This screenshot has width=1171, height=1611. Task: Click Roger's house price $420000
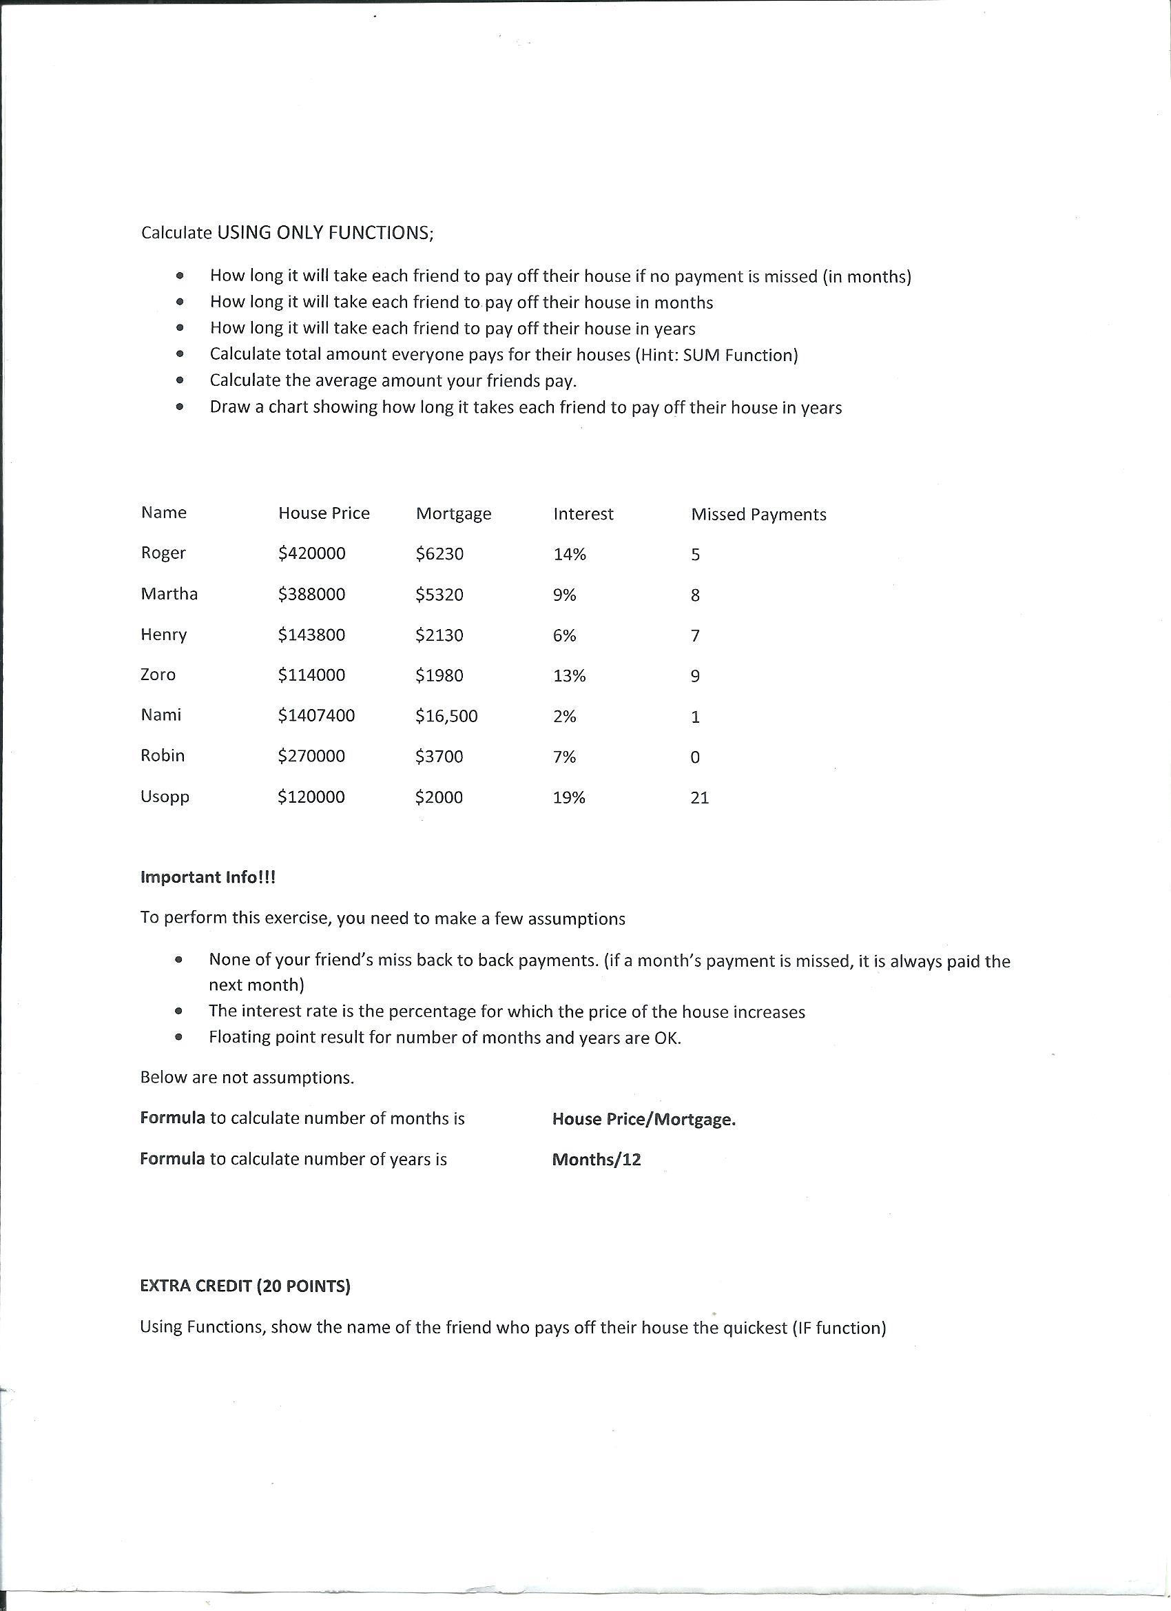[312, 553]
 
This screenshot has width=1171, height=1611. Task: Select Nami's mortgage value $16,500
[446, 715]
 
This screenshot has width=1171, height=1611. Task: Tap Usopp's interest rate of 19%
[569, 797]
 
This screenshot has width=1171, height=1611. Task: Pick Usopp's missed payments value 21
[699, 798]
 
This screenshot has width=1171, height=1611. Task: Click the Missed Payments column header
[758, 514]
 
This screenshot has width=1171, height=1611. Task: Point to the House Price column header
[324, 513]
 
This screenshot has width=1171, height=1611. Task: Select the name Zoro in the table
[158, 674]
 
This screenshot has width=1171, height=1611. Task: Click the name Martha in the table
[169, 593]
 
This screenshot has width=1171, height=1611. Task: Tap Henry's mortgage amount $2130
[439, 635]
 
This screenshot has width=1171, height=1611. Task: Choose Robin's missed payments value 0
[694, 757]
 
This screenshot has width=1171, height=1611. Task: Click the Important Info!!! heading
[207, 876]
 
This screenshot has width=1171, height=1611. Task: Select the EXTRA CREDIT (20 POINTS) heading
[245, 1286]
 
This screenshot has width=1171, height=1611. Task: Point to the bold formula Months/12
[596, 1159]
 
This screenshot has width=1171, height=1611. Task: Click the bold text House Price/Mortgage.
[643, 1119]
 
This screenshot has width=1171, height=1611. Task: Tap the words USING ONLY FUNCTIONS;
[324, 233]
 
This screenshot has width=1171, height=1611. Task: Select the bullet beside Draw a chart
[180, 407]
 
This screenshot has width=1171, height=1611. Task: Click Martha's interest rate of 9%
[565, 595]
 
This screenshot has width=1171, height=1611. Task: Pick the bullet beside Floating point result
[178, 1037]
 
